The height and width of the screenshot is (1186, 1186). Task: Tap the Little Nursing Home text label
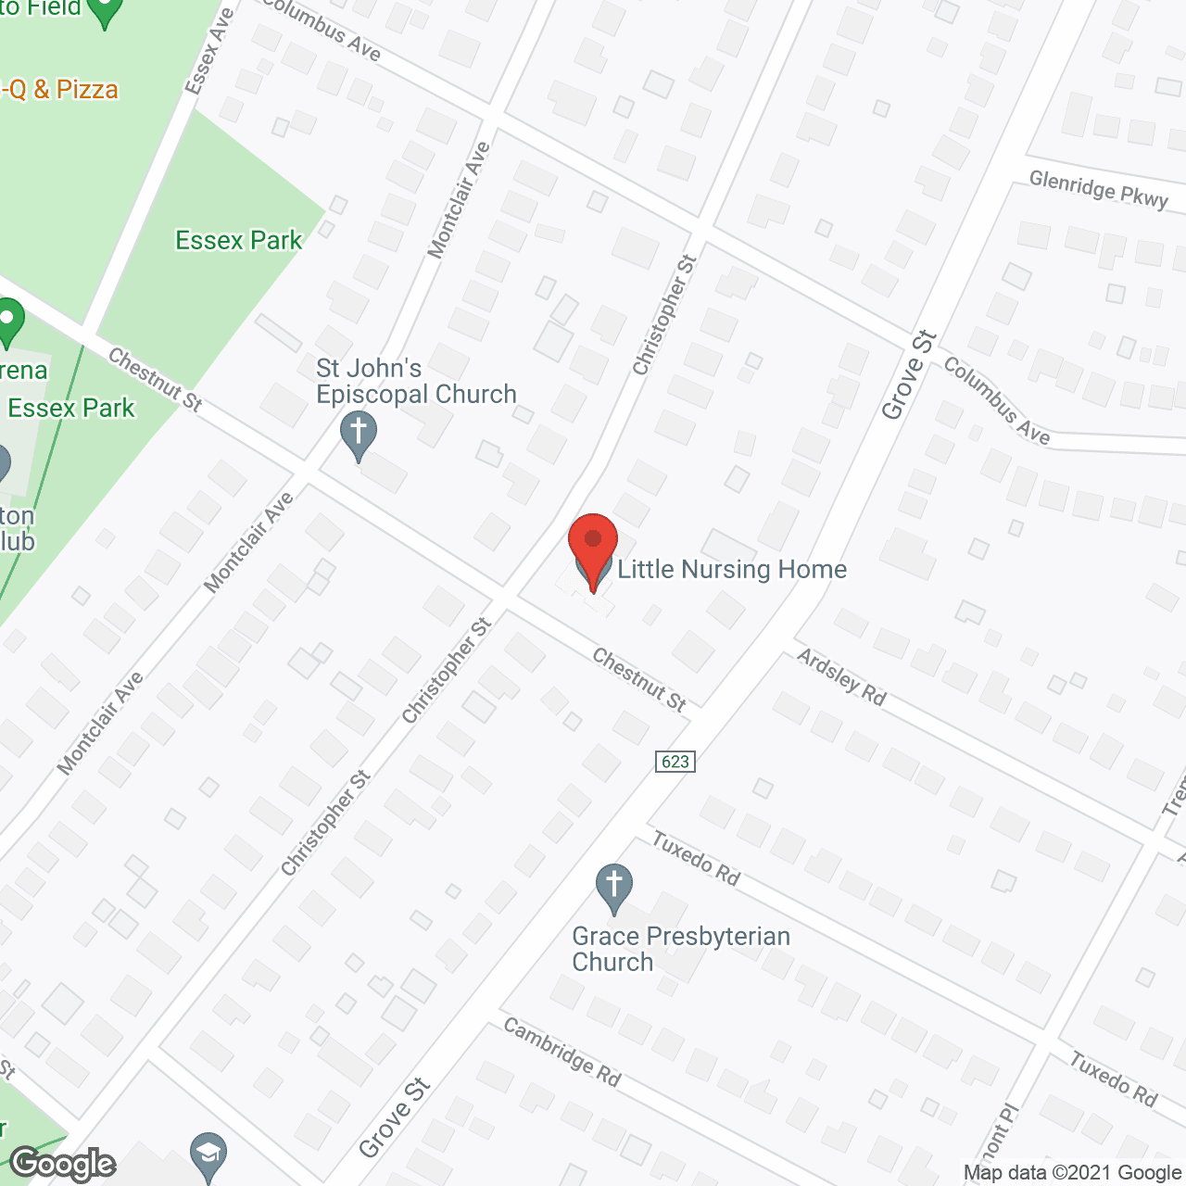click(x=732, y=569)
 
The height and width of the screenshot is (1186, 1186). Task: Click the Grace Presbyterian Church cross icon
click(x=613, y=887)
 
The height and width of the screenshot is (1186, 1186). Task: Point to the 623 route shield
click(x=675, y=761)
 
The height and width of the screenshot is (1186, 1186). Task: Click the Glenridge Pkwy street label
click(x=1098, y=189)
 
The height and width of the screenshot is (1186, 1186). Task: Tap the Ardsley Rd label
click(x=841, y=677)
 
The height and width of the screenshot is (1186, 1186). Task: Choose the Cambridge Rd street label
click(x=561, y=1052)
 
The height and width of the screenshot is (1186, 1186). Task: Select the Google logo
click(x=62, y=1164)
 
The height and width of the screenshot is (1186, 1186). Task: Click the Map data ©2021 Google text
click(x=1073, y=1173)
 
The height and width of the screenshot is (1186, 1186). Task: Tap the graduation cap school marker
click(x=208, y=1153)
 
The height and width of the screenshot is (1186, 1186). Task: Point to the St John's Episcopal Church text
click(x=415, y=381)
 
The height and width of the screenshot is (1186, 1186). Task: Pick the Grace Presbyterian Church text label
click(x=681, y=949)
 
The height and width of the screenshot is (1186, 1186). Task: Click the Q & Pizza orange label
click(x=60, y=90)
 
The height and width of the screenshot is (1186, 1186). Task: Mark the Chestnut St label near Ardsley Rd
click(x=639, y=680)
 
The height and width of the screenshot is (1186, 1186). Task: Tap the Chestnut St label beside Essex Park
click(x=155, y=379)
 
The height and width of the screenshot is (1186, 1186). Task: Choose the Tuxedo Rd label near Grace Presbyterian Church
click(x=696, y=858)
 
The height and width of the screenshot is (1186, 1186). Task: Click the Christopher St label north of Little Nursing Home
click(x=663, y=315)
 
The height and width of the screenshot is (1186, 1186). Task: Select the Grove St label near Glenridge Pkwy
click(x=909, y=375)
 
